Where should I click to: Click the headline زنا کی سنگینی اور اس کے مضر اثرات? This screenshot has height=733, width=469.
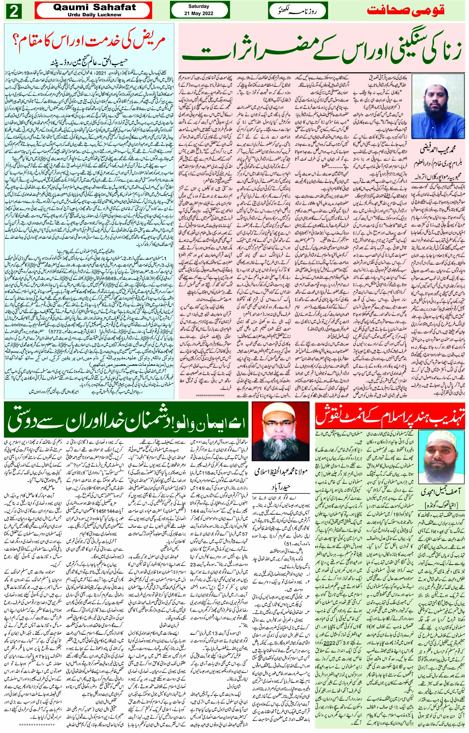click(x=323, y=48)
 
